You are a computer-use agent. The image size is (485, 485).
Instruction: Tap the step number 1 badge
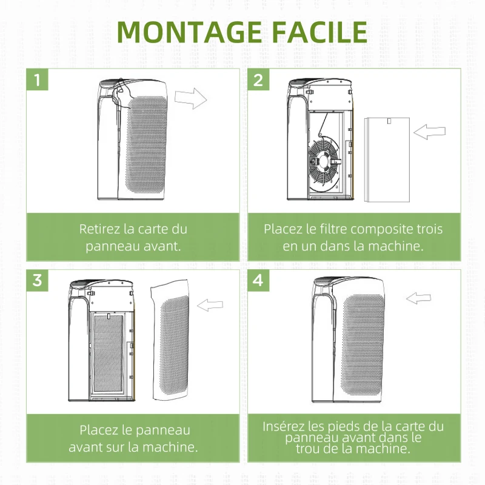pos(38,79)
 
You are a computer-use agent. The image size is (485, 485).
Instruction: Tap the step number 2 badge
pos(259,79)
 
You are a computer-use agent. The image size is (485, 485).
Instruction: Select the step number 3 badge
pos(38,280)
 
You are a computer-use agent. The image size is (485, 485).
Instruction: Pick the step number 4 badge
pos(259,280)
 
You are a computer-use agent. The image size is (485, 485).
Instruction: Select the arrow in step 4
pos(420,298)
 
